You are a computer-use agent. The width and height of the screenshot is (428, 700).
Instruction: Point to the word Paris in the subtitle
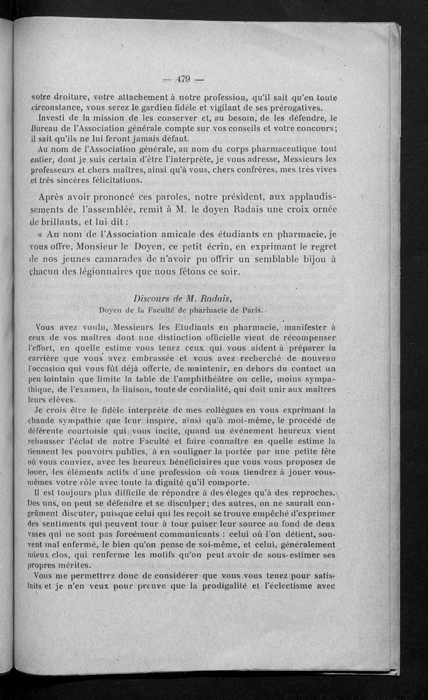(249, 309)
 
